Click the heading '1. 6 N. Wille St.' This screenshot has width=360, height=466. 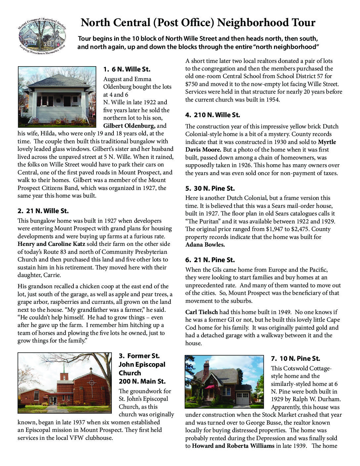[127, 70]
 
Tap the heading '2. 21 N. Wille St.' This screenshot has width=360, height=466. [43, 211]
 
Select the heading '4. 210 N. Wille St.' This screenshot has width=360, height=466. [212, 115]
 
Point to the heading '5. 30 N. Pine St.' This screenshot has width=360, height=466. [210, 188]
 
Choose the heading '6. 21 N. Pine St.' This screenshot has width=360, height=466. [210, 260]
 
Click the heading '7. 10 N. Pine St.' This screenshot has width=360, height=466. [295, 358]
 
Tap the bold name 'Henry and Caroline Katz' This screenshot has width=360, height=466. [51, 244]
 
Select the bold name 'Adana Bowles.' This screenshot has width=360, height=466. [205, 245]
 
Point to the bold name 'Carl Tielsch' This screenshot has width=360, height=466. [201, 312]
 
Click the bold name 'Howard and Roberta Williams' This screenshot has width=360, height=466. [233, 446]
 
